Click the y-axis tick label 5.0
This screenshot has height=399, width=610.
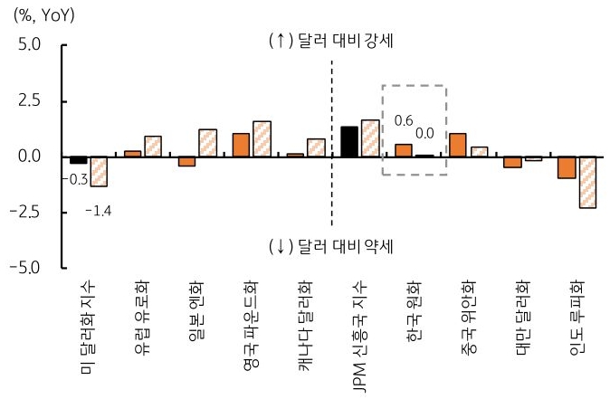click(x=28, y=44)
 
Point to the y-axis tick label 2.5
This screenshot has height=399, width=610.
click(x=28, y=100)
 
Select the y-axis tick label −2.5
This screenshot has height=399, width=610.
click(x=24, y=213)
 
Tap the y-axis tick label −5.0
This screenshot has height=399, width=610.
click(x=24, y=269)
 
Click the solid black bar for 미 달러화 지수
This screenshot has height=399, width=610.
click(x=79, y=160)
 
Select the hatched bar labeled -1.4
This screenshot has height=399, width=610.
click(x=99, y=172)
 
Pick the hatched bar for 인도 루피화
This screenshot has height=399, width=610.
click(x=587, y=183)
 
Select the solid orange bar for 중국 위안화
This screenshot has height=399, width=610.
click(x=458, y=146)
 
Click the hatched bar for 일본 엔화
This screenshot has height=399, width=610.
click(x=207, y=143)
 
